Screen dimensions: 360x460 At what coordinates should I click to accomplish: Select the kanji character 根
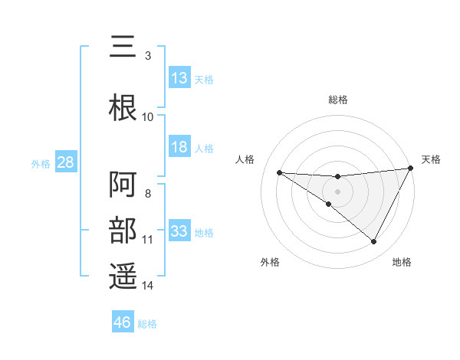point(123,107)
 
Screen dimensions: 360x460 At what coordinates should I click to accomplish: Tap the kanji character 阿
point(123,185)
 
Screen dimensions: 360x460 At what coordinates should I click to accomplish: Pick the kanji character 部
point(123,231)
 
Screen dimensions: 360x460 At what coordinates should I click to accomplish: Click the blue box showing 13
point(179,78)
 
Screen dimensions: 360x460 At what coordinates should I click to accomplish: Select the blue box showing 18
point(179,147)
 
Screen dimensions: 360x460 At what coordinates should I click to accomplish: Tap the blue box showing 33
point(179,231)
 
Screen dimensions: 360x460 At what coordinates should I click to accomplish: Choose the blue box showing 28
point(65,162)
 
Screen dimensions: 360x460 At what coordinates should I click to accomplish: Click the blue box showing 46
point(123,322)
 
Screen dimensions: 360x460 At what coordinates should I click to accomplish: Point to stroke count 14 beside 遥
point(148,286)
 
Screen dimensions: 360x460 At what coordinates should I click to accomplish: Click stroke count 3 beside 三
point(148,55)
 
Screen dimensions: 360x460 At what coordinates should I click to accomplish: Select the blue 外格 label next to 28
point(41,163)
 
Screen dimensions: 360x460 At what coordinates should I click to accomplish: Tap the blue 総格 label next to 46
point(147,323)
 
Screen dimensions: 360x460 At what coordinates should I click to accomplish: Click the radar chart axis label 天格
point(431,159)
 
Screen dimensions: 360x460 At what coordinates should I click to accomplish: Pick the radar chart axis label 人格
point(245,159)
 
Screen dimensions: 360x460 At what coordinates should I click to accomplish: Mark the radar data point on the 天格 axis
point(411,169)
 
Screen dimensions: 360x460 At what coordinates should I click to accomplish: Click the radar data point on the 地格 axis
point(374,242)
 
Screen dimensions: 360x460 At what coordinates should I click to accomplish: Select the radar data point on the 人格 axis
point(279,172)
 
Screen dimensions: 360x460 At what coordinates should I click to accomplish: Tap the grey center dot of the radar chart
point(337,191)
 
